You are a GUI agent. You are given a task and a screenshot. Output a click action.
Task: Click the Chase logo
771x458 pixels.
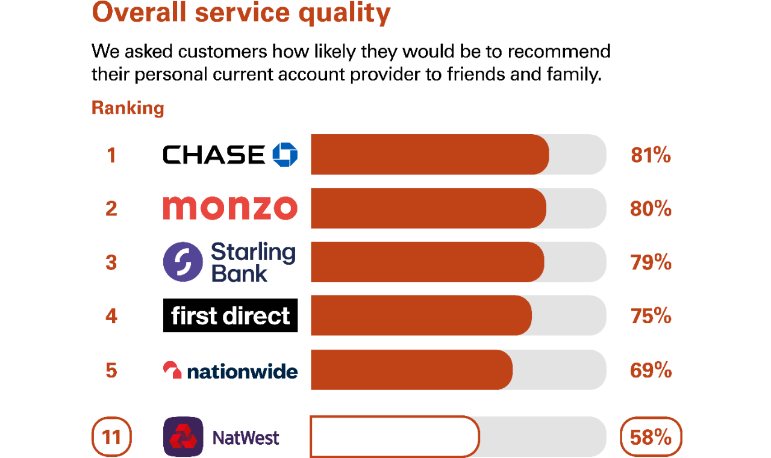[x=230, y=155]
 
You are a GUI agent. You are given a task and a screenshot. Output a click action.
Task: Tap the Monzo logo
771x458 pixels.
[x=230, y=208]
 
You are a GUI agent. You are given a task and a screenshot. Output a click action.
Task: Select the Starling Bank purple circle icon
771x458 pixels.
[x=183, y=262]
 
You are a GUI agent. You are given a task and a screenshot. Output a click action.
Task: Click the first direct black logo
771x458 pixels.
[x=230, y=315]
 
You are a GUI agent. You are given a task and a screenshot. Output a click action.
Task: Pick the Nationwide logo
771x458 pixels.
[x=230, y=370]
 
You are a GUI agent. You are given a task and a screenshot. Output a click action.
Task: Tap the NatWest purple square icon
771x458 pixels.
[x=183, y=437]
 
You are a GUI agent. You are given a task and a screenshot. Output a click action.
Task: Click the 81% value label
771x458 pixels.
[x=651, y=155]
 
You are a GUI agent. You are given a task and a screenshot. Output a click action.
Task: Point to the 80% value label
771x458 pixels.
[x=651, y=209]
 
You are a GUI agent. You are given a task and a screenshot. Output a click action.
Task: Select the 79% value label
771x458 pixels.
[x=651, y=262]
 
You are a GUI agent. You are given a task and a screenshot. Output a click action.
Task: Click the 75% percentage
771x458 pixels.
[x=651, y=316]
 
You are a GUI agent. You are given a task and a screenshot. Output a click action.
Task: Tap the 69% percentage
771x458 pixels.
[x=651, y=370]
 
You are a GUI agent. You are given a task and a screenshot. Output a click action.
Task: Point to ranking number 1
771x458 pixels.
[x=111, y=155]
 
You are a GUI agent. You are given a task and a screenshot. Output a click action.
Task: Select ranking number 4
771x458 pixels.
[x=111, y=316]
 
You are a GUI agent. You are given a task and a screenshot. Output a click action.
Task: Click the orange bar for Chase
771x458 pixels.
[x=430, y=155]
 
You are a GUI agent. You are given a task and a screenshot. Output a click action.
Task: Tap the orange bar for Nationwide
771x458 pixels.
[x=411, y=370]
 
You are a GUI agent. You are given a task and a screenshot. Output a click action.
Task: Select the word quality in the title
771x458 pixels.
[x=345, y=13]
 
